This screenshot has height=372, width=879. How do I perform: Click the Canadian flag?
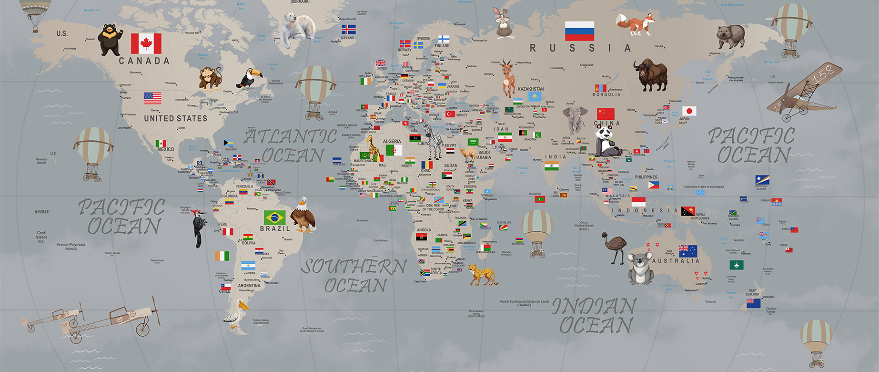[146, 43]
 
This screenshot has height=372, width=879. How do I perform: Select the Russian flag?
[579, 31]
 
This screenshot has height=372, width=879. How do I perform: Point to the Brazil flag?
[275, 217]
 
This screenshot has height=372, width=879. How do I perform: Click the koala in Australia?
[640, 268]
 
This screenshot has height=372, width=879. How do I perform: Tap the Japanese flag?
[689, 111]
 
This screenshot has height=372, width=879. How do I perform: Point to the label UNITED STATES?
[175, 118]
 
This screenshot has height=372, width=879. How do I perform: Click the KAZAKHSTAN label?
[530, 89]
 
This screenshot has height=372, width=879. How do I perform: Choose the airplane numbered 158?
[805, 91]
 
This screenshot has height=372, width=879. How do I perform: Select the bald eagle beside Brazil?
[303, 215]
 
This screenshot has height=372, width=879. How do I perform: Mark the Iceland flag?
[348, 29]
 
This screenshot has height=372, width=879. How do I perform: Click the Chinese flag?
[606, 114]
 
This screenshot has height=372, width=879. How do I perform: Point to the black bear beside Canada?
[110, 39]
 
